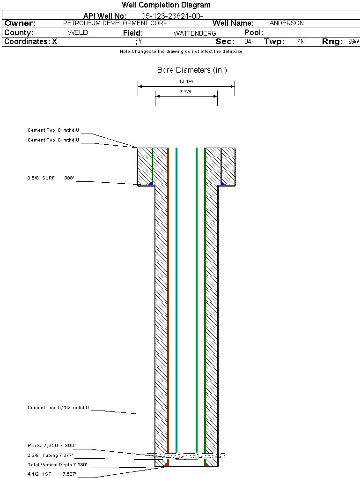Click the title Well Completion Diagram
pos(166,5)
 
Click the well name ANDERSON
pos(287,23)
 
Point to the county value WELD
pos(78,33)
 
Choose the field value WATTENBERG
pos(195,33)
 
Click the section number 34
pos(248,42)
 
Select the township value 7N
pos(301,42)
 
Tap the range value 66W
pos(353,42)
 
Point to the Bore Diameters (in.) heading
pos(192,70)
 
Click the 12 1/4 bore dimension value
pos(186,82)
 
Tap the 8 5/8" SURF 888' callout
pos(51,178)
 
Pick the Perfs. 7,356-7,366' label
pos(51,445)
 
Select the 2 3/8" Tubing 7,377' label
pos(50,455)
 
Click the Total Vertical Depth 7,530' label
pos(57,465)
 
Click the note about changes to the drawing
pos(181,52)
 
